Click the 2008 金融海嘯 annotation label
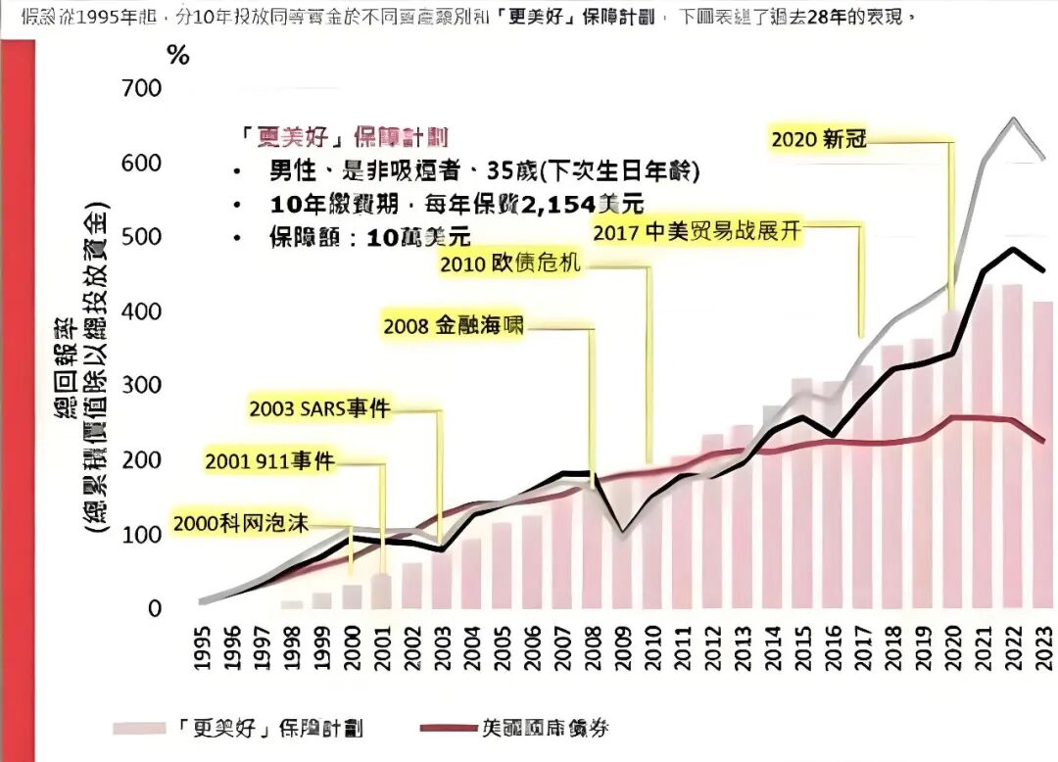point(454,327)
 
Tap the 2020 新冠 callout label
point(819,139)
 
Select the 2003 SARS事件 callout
point(320,408)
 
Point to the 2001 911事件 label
point(270,461)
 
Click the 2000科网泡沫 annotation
point(241,522)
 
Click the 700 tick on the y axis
point(142,89)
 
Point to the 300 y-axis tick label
point(142,386)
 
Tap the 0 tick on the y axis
point(155,609)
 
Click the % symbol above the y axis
point(177,55)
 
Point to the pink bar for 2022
point(1012,451)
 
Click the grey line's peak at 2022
point(1012,119)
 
